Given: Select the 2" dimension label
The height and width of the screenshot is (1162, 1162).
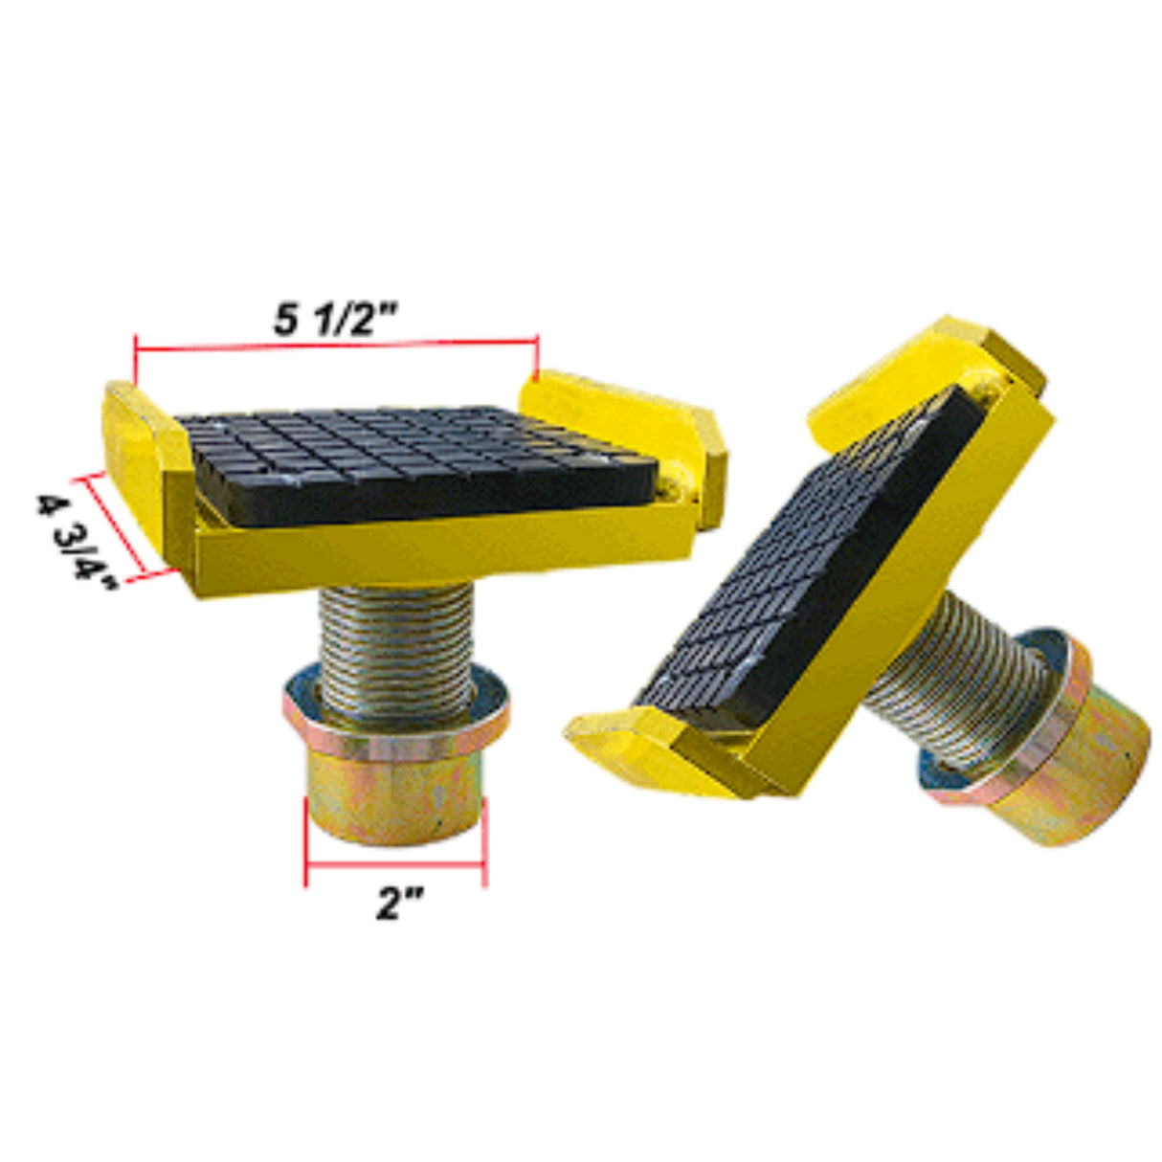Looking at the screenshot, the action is tap(398, 918).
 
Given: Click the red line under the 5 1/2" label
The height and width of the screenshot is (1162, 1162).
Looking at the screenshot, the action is tap(336, 346).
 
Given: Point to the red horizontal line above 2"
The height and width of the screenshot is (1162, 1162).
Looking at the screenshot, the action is tap(395, 864).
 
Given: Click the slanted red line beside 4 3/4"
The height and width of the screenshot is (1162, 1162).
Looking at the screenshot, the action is tap(118, 523).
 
